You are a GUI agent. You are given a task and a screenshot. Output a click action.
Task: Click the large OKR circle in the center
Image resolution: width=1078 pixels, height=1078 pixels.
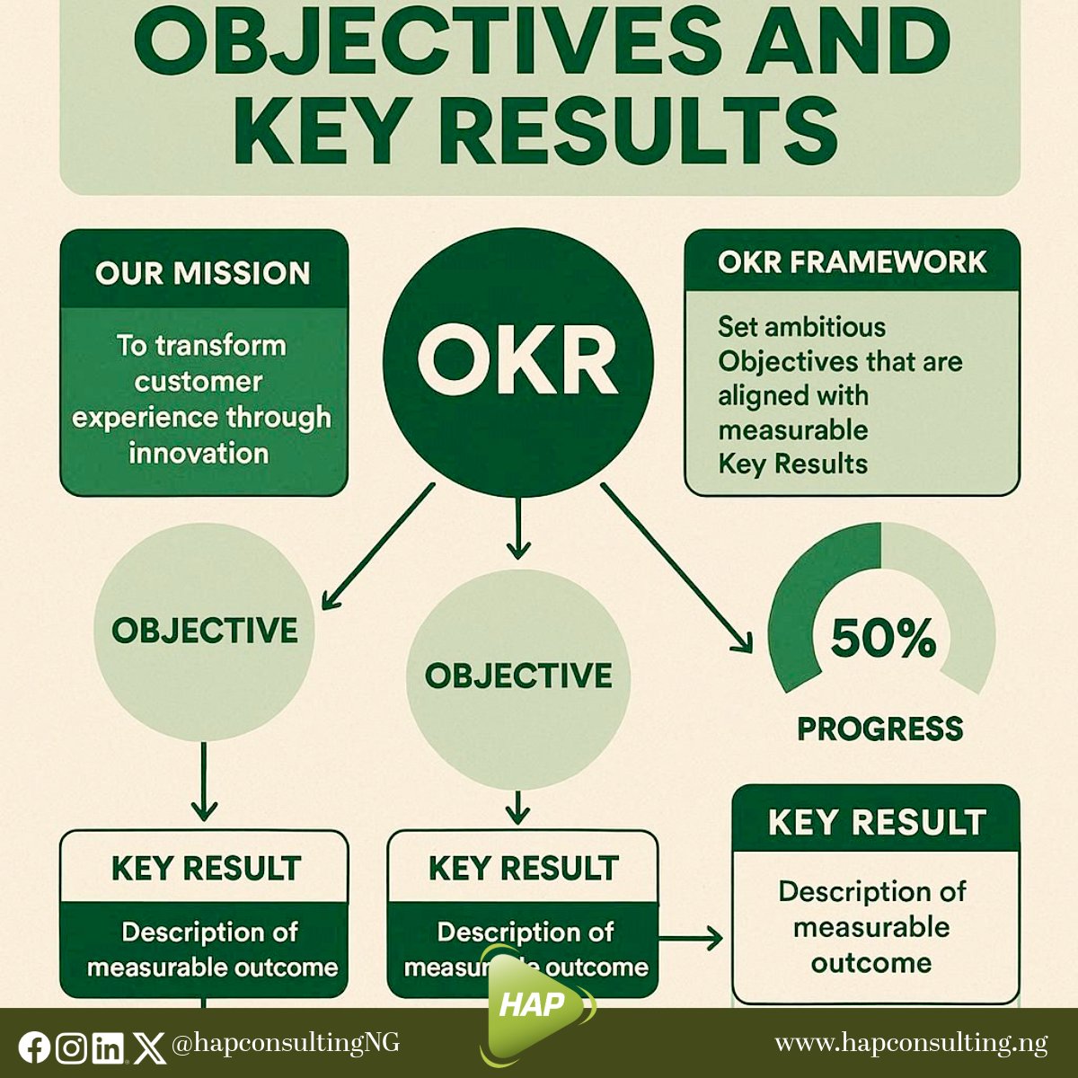(x=517, y=361)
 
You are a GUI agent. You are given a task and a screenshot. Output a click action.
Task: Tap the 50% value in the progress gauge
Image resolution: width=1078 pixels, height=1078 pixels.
(x=882, y=638)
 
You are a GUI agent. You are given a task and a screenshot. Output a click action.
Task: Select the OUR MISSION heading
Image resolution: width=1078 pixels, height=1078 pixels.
(x=203, y=273)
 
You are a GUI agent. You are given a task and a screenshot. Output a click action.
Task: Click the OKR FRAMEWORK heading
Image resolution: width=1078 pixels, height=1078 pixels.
(x=852, y=261)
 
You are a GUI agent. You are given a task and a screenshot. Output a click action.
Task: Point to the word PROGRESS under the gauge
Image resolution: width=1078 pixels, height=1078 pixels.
(x=879, y=729)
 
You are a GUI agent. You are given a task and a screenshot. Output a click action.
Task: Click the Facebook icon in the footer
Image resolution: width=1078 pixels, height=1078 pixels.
(x=34, y=1047)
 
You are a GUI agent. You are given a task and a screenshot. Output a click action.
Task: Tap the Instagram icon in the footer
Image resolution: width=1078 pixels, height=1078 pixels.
(x=72, y=1047)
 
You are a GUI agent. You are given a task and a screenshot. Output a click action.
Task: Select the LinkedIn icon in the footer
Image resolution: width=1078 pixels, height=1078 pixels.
(x=109, y=1047)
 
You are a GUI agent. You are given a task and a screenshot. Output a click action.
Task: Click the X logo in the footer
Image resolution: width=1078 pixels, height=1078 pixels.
(x=147, y=1047)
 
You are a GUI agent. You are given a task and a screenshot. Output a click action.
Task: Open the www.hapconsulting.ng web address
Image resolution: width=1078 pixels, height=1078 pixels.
(x=911, y=1043)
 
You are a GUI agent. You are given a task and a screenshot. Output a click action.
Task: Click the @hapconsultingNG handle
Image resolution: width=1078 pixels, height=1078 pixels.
(x=285, y=1043)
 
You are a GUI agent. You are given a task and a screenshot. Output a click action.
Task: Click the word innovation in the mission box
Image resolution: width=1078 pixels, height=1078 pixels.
(x=199, y=453)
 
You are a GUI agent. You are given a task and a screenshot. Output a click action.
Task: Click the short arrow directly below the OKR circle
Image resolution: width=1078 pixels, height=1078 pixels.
(x=518, y=530)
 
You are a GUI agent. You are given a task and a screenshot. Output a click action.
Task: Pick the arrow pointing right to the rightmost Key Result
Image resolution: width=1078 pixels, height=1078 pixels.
(x=691, y=940)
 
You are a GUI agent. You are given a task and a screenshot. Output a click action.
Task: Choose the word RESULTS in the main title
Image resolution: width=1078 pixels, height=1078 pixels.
(x=638, y=132)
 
